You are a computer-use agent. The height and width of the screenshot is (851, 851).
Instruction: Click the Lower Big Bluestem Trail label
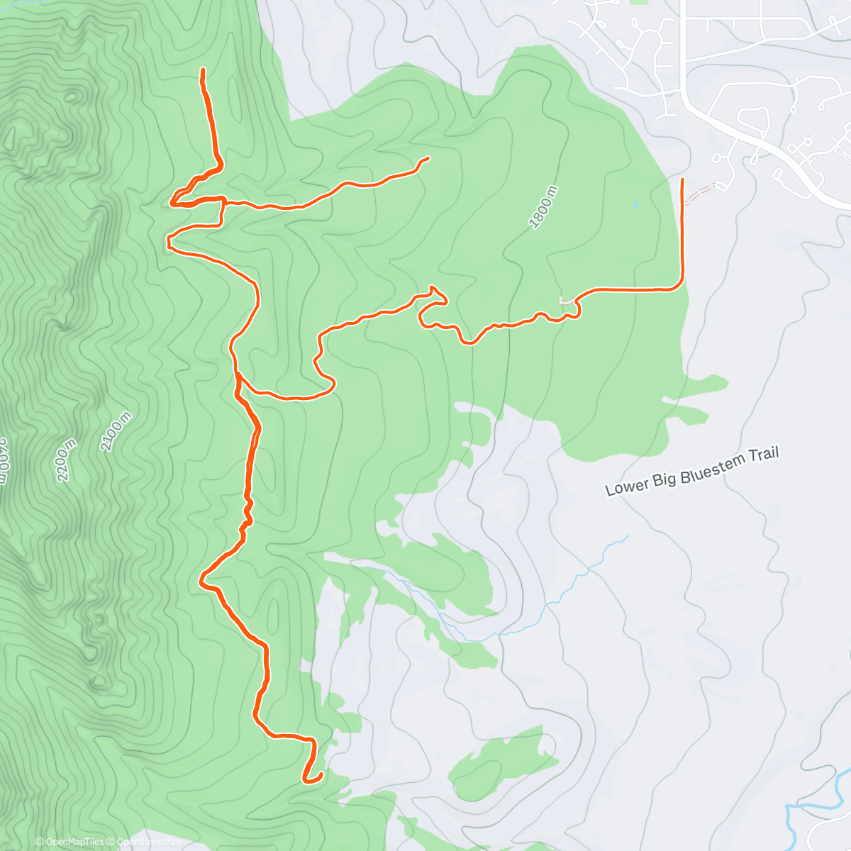point(692,471)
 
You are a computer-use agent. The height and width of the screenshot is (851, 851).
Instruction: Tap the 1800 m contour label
point(544,207)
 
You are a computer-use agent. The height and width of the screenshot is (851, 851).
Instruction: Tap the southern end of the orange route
point(306,781)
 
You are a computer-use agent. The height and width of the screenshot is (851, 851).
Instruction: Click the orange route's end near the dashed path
point(682,181)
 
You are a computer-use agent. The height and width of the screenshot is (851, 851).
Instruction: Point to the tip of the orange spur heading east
point(428,158)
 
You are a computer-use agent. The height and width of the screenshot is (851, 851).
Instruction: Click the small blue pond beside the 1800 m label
point(635,204)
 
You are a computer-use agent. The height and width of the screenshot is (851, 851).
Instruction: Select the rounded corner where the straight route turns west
point(679,286)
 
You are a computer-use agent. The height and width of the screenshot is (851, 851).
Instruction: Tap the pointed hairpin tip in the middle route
point(432,287)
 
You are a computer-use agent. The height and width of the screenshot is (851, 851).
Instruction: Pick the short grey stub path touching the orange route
point(565,301)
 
